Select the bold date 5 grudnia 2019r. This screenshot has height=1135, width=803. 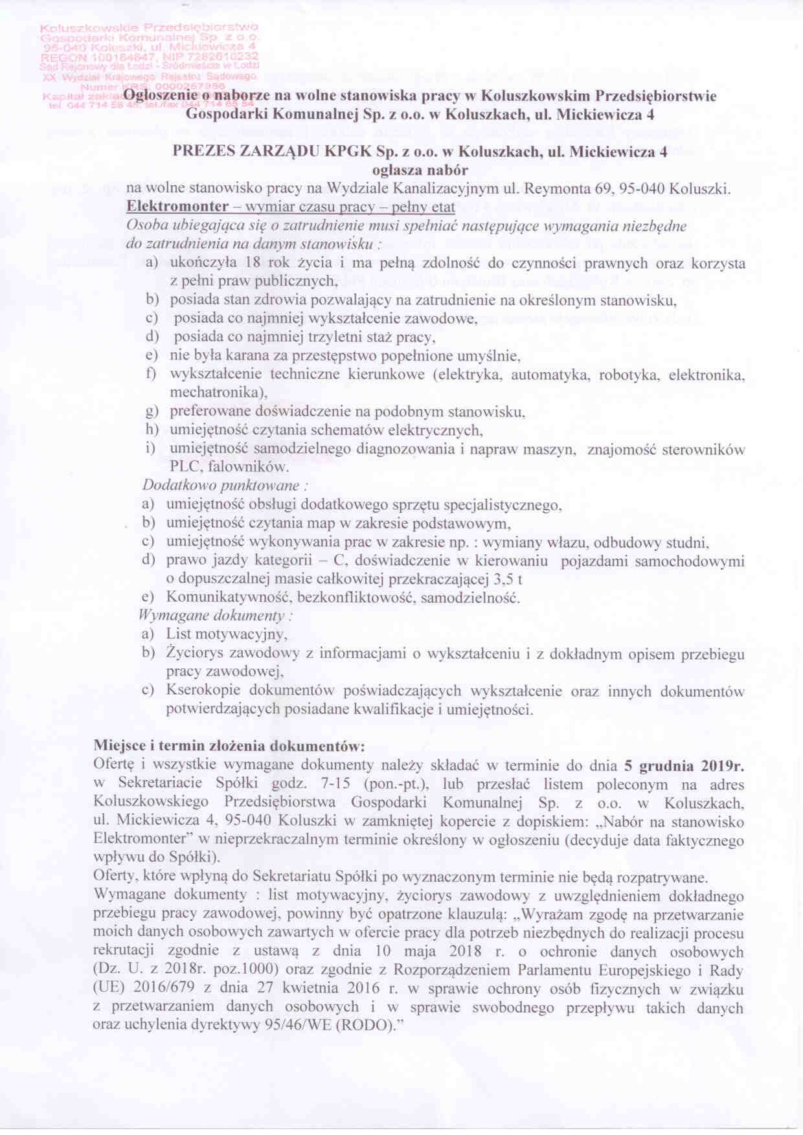[x=684, y=766]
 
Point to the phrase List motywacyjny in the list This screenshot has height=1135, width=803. [x=226, y=634]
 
